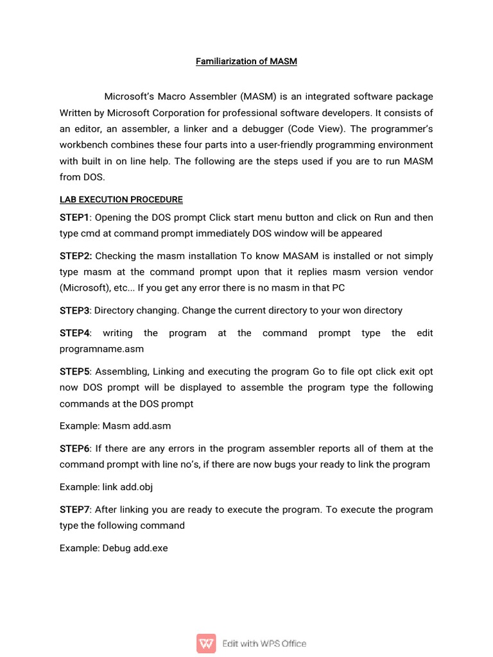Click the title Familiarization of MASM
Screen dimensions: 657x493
(x=246, y=62)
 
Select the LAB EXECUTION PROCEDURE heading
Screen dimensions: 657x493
(x=121, y=200)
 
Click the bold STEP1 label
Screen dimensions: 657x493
(x=74, y=218)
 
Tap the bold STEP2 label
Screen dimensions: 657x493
(x=76, y=256)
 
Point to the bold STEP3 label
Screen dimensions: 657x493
(x=74, y=311)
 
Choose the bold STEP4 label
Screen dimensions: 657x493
(x=74, y=333)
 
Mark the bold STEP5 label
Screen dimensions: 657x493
(x=74, y=371)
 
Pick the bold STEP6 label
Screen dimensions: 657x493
(x=74, y=448)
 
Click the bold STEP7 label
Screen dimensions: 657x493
(x=74, y=509)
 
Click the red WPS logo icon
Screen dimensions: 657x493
(x=207, y=644)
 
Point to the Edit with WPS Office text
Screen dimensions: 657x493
(x=264, y=644)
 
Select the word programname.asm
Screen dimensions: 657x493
(x=101, y=349)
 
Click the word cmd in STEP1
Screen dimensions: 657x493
(x=92, y=234)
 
